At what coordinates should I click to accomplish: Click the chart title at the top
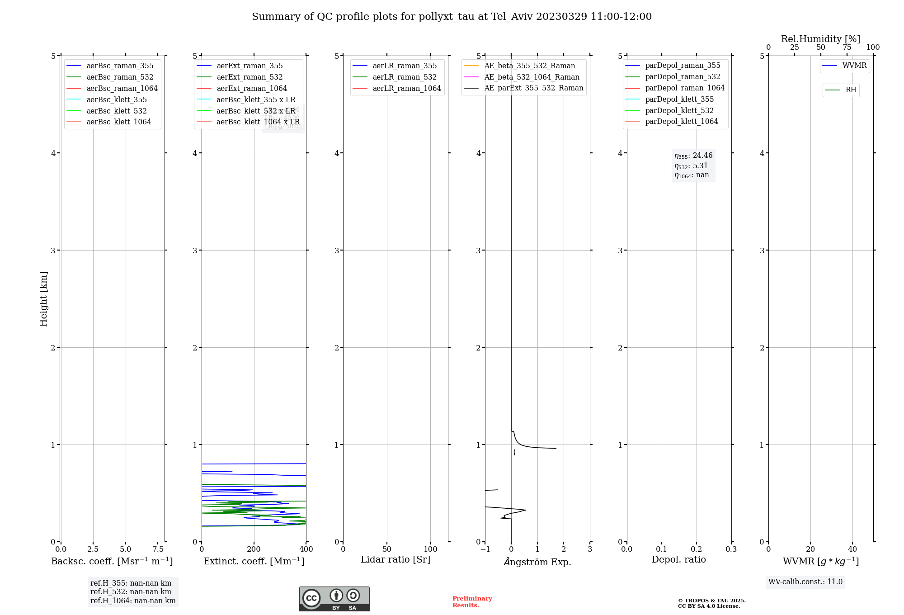tap(452, 17)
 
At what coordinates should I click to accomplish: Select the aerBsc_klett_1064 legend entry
tap(118, 122)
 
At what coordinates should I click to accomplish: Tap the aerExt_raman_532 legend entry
tap(249, 77)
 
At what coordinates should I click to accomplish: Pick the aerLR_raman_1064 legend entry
tap(406, 88)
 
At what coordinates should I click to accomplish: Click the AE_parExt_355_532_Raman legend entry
tap(533, 88)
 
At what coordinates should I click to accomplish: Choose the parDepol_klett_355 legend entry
tap(679, 99)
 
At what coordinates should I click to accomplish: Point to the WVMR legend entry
tap(854, 66)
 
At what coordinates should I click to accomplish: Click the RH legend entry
tap(851, 90)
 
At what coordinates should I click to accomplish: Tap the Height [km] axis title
tap(43, 298)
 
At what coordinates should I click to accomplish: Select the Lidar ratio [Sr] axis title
tap(395, 559)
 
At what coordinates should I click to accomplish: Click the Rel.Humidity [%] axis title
tap(820, 39)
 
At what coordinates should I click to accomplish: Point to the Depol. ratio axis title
tap(678, 559)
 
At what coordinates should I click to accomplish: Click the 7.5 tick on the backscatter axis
tap(158, 549)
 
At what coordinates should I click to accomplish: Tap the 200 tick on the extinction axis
tap(254, 549)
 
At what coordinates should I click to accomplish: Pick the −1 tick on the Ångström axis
tap(485, 549)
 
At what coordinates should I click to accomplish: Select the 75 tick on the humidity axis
tap(847, 47)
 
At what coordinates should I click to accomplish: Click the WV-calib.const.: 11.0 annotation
tap(805, 582)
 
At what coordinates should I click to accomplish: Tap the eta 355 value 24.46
tap(702, 156)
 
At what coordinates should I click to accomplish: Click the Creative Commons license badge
tap(334, 599)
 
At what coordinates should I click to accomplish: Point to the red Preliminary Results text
tap(472, 602)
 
